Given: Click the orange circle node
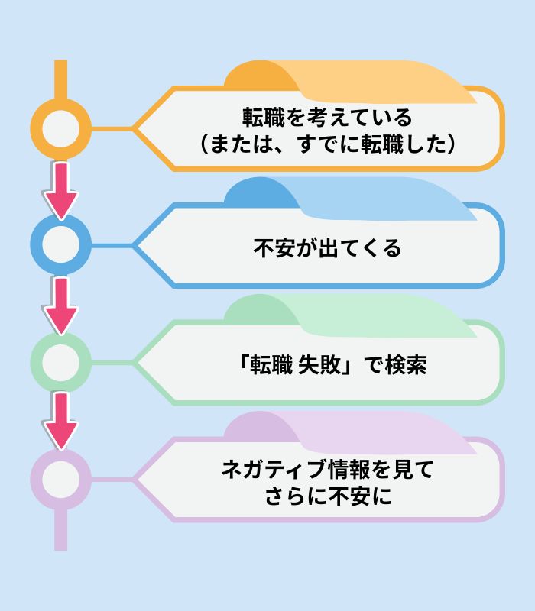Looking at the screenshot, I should pos(60,127).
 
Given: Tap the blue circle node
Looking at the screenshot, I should pos(60,244).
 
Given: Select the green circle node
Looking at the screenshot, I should pos(60,361).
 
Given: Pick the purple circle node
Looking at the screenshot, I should pos(60,479).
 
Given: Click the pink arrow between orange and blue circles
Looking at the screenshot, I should pos(60,187).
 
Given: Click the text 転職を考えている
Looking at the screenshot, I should pos(327,118).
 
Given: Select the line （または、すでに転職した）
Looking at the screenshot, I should pos(327,144).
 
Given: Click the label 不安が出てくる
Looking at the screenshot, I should pos(327,248).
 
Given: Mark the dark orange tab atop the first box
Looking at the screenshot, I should pos(256,75).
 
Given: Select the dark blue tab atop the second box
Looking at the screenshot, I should pos(256,192).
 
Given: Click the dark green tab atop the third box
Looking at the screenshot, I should pos(256,309).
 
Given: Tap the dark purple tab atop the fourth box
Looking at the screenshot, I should pos(256,427).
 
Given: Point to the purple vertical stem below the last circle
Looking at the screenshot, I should pos(60,530).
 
